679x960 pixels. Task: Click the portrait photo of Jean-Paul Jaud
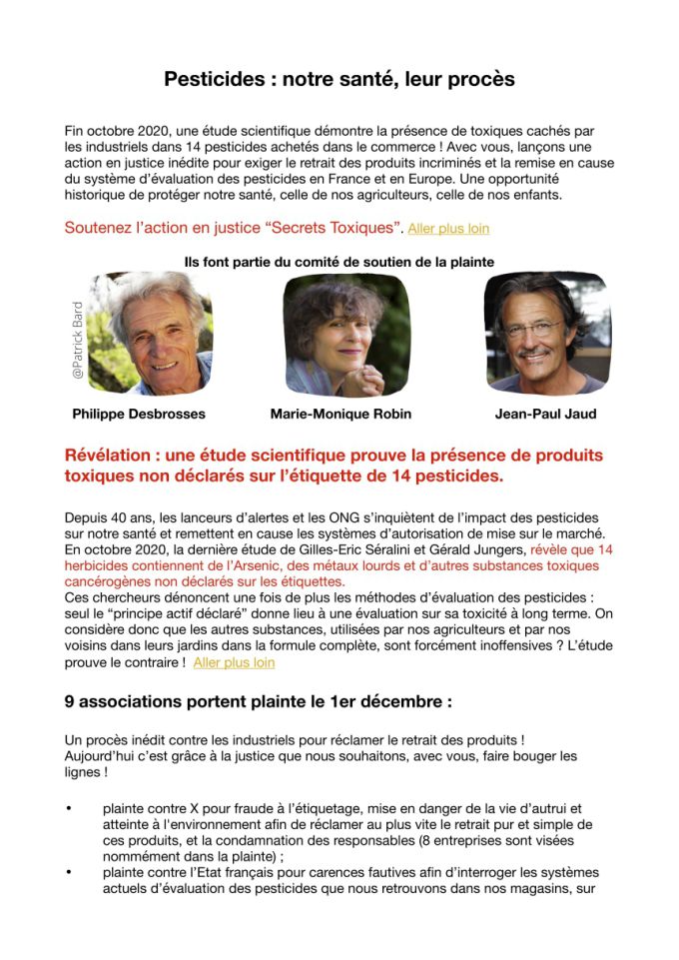545,334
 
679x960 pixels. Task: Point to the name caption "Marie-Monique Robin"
340,413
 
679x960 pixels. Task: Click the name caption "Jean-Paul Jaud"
545,413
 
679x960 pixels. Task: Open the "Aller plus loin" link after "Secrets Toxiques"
448,229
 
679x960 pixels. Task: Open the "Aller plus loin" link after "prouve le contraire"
234,662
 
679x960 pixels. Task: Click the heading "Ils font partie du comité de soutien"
339,262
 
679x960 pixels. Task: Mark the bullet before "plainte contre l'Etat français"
69,871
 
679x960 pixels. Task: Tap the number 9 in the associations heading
70,701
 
